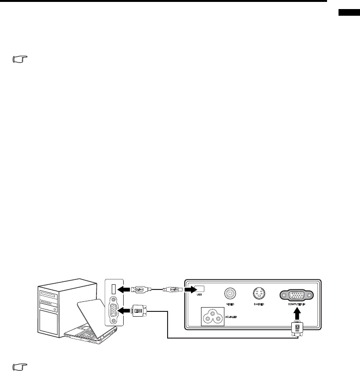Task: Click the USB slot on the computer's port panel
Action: point(113,289)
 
